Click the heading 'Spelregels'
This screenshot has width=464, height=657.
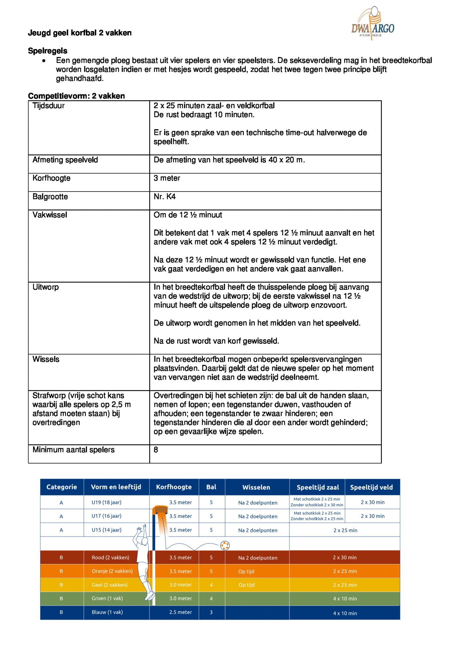[47, 51]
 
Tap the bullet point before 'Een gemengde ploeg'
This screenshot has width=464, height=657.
[44, 61]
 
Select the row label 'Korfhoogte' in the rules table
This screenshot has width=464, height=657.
[51, 178]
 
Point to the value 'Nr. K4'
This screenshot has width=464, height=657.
[164, 197]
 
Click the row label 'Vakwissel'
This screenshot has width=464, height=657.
[50, 215]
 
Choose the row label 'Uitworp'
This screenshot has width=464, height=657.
[46, 287]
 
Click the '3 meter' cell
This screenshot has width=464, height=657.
[167, 178]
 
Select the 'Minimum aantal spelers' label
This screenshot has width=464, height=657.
[73, 450]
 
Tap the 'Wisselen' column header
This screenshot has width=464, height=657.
[256, 487]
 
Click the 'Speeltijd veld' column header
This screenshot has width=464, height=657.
[371, 487]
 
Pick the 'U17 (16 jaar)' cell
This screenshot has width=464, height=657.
[106, 516]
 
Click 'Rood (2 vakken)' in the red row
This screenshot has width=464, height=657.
[110, 558]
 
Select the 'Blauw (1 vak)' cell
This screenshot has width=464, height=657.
[107, 612]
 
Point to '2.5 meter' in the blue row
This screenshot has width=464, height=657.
[180, 612]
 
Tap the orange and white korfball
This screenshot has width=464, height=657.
[225, 545]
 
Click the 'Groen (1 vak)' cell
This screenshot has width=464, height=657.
[107, 598]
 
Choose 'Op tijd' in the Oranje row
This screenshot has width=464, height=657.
[246, 571]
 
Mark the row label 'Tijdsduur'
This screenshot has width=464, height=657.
[48, 106]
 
